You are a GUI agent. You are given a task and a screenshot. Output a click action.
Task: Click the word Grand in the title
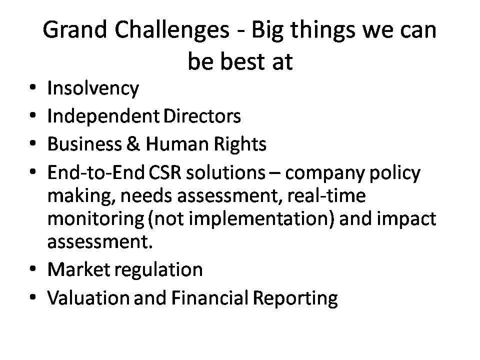[74, 30]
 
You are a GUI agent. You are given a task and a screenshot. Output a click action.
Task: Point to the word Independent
[103, 117]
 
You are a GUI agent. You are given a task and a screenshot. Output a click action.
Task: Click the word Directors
[202, 116]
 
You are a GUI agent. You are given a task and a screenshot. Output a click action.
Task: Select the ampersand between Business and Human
[133, 144]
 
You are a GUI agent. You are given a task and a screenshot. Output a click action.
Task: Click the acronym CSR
[165, 172]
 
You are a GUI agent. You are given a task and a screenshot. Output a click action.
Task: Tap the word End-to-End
[96, 172]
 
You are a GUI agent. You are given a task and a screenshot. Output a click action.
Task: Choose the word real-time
[326, 195]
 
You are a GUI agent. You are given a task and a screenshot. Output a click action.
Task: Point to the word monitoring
[96, 219]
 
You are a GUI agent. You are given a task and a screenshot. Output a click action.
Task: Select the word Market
[78, 269]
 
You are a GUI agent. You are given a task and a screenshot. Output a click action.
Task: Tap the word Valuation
[88, 298]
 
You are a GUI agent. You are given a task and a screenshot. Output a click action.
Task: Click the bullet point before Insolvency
[33, 87]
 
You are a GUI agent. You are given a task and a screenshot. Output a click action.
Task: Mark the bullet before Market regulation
[33, 269]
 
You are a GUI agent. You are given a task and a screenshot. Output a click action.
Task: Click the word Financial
[209, 298]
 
